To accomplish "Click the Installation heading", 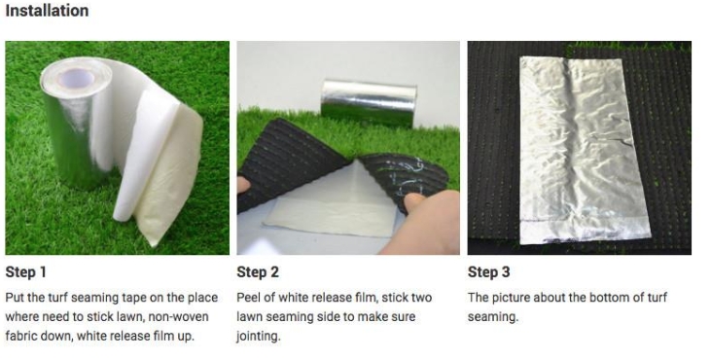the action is pyautogui.click(x=47, y=11).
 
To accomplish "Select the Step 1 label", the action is pyautogui.click(x=26, y=272).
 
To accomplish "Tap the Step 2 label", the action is pyautogui.click(x=258, y=272).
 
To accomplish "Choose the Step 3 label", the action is pyautogui.click(x=489, y=272).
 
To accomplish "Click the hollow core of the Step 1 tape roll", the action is pyautogui.click(x=76, y=80).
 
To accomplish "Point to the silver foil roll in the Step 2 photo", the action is pyautogui.click(x=369, y=102).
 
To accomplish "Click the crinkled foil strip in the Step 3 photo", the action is pyautogui.click(x=585, y=151).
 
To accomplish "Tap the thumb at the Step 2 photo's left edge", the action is pyautogui.click(x=243, y=184).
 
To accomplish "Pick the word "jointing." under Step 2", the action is pyautogui.click(x=259, y=337).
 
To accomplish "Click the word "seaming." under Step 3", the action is pyautogui.click(x=493, y=317).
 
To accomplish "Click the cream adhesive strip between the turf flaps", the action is pyautogui.click(x=330, y=219).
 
